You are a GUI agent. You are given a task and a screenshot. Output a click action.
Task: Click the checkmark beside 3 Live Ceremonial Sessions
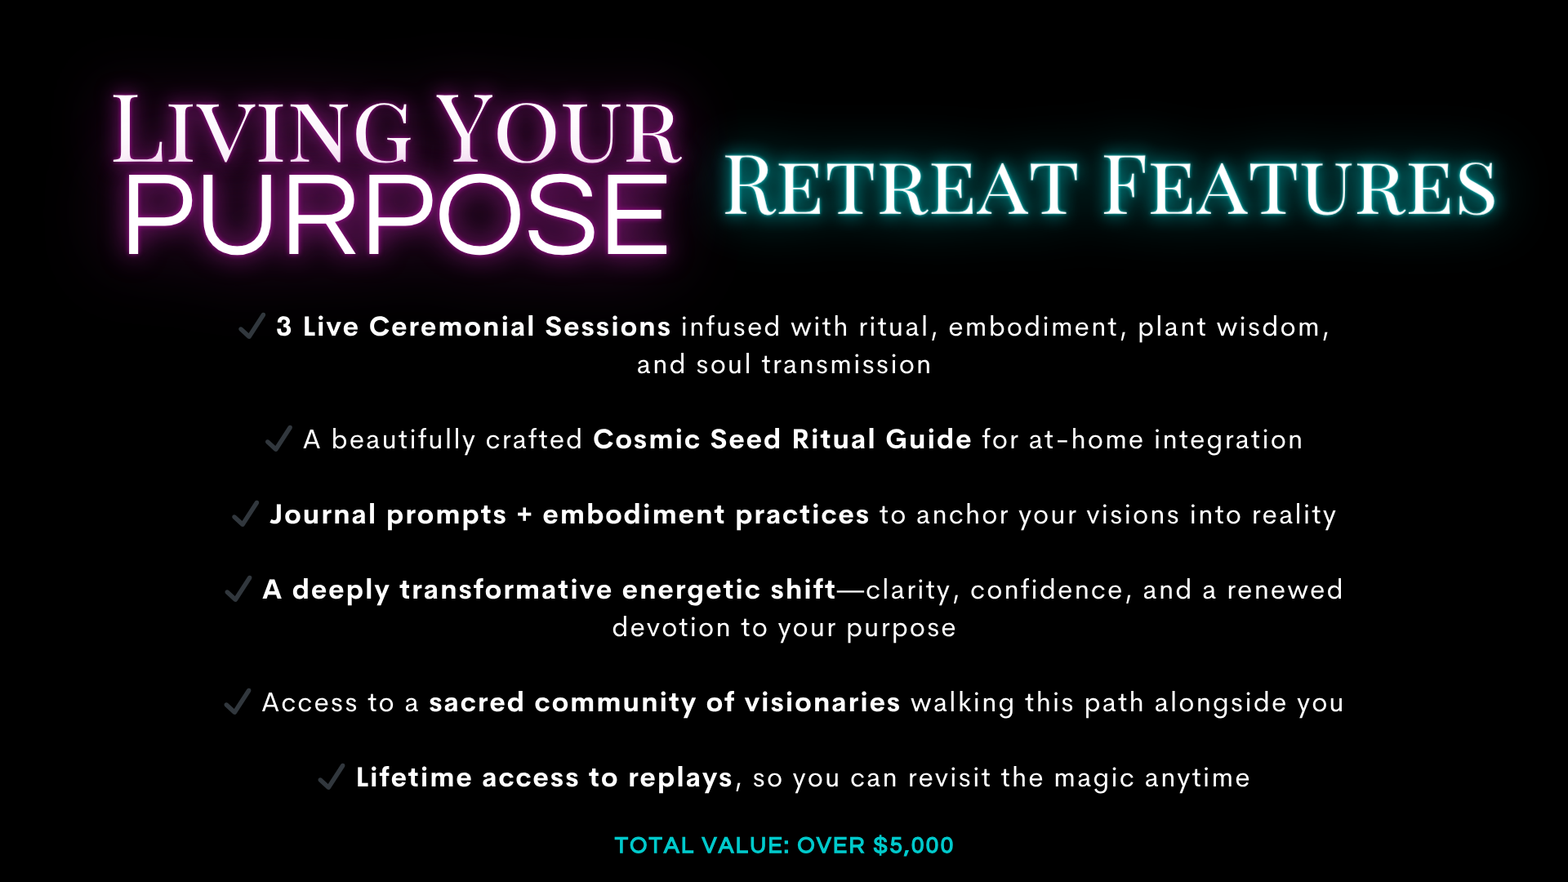pos(252,325)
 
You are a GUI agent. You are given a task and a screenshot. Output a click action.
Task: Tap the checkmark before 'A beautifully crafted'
pos(278,439)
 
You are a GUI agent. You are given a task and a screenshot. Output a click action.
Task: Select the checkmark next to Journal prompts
pos(245,514)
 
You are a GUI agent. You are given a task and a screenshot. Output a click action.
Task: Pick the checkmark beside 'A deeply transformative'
pos(238,589)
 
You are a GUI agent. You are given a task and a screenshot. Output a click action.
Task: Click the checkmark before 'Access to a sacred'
pos(237,702)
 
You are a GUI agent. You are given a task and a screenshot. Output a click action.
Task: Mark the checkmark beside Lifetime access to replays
pos(331,777)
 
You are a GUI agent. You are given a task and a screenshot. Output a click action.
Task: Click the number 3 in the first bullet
pos(284,327)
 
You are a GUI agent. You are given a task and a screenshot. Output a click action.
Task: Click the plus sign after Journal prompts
pos(524,515)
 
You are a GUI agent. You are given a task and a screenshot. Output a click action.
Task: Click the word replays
pos(680,778)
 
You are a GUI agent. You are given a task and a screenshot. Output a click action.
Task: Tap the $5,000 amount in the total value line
pos(913,845)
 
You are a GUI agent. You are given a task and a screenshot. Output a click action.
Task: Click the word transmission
pos(846,364)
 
